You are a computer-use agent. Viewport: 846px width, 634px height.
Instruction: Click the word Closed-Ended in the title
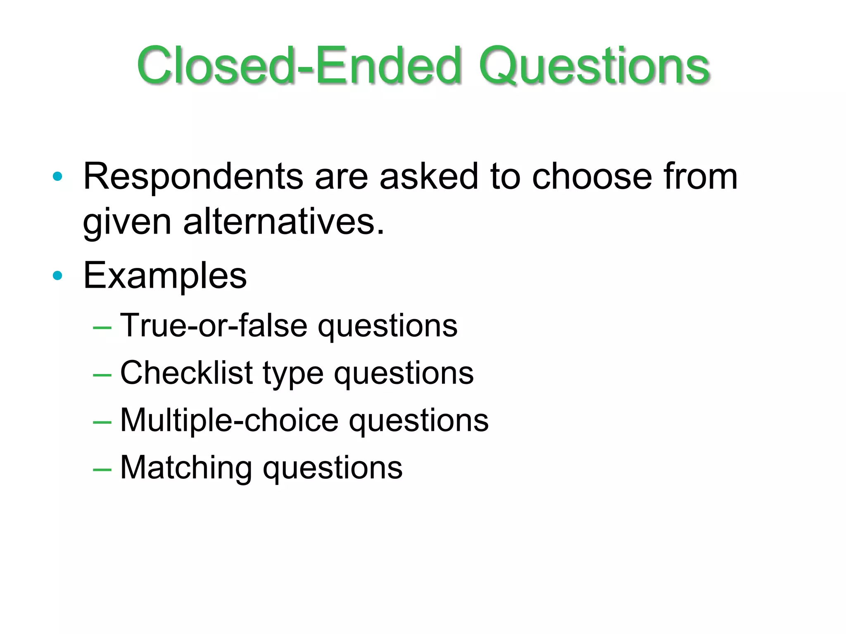(299, 66)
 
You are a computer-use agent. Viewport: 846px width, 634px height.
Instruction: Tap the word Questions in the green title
(594, 66)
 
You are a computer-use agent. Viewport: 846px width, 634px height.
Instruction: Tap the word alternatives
(284, 222)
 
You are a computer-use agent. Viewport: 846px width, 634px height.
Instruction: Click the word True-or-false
(214, 325)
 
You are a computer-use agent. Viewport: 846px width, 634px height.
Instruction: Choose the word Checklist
(186, 373)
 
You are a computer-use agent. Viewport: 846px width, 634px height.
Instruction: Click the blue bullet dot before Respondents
(57, 177)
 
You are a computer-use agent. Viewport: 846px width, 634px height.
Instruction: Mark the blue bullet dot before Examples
(57, 275)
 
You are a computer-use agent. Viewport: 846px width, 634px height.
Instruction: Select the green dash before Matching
(102, 470)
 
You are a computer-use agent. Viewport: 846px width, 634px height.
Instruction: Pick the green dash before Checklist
(102, 375)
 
